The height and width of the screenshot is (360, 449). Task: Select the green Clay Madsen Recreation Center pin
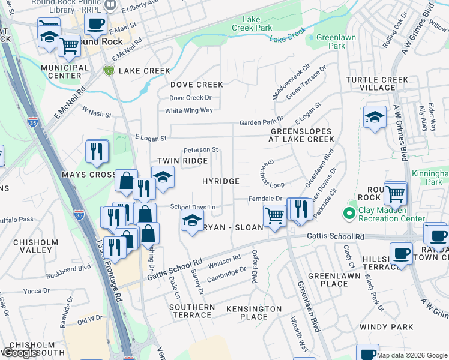[348, 213]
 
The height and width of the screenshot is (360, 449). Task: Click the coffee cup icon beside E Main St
[95, 24]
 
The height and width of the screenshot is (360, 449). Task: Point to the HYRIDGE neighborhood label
[221, 181]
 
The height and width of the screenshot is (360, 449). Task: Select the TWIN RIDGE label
[182, 161]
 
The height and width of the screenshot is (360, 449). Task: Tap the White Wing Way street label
[189, 110]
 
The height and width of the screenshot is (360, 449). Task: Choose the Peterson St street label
[200, 149]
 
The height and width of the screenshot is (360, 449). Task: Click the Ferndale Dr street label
[266, 199]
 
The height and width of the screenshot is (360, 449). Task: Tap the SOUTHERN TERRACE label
[192, 311]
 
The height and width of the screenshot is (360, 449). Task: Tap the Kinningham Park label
[430, 178]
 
